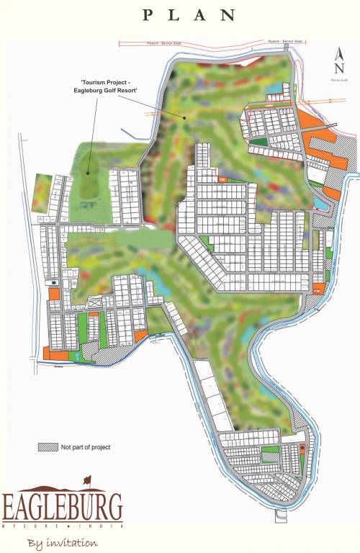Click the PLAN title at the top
(x=189, y=14)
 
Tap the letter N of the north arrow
(x=339, y=67)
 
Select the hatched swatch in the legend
(x=48, y=447)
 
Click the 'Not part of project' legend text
(x=86, y=447)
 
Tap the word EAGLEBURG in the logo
(x=62, y=507)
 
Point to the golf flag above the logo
(x=87, y=480)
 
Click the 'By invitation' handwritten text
(x=62, y=541)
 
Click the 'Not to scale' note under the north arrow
(x=339, y=79)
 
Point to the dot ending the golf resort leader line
(x=185, y=117)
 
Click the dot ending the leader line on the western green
(x=88, y=172)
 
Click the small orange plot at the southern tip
(x=302, y=448)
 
